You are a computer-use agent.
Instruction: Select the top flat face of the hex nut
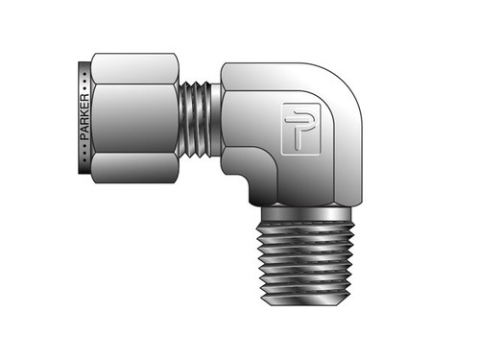click(134, 68)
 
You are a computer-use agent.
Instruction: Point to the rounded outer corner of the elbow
click(350, 86)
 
